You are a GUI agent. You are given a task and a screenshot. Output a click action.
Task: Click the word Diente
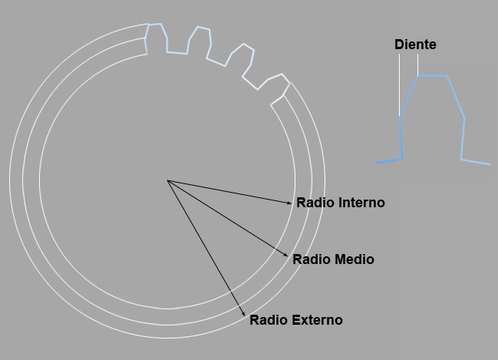415,45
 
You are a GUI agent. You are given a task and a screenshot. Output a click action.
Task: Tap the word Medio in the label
355,259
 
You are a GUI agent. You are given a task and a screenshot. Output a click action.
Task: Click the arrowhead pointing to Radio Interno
289,203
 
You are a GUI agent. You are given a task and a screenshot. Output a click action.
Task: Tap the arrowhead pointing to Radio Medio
285,255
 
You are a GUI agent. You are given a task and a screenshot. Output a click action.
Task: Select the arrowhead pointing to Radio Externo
243,313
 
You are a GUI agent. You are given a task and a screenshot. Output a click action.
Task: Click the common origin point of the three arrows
167,180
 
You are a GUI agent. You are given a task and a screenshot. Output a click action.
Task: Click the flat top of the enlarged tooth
433,76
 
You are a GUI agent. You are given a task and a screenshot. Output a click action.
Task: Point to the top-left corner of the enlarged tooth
418,76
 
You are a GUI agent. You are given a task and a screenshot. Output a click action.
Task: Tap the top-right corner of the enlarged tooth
447,76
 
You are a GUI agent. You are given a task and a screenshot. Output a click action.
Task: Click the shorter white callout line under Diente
418,64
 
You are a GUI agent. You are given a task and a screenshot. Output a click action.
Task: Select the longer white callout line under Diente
400,85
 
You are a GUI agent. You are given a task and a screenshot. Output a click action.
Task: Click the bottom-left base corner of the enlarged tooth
403,159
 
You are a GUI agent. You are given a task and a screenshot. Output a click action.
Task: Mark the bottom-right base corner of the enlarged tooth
461,159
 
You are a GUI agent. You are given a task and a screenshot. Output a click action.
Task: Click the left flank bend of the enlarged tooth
400,117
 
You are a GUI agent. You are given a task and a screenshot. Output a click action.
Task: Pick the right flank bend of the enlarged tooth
464,118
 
